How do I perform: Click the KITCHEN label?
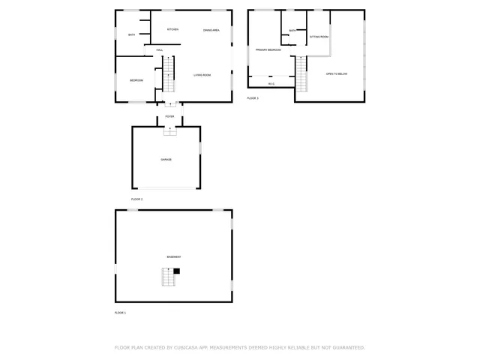172,29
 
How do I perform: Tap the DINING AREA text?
211,30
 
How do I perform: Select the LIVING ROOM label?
202,75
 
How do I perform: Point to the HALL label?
160,50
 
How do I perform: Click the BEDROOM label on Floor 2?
136,80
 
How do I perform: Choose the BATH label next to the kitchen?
131,34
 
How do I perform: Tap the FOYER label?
169,117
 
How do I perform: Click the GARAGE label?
166,160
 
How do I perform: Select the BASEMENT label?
173,256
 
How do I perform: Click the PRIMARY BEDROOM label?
268,49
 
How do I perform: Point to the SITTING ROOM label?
319,36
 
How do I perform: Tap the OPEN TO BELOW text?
336,73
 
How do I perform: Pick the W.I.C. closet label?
271,83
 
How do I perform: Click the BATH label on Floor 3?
292,31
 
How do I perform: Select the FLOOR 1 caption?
120,312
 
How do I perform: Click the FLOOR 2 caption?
136,199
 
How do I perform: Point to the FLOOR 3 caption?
253,98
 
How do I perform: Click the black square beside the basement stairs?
177,271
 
